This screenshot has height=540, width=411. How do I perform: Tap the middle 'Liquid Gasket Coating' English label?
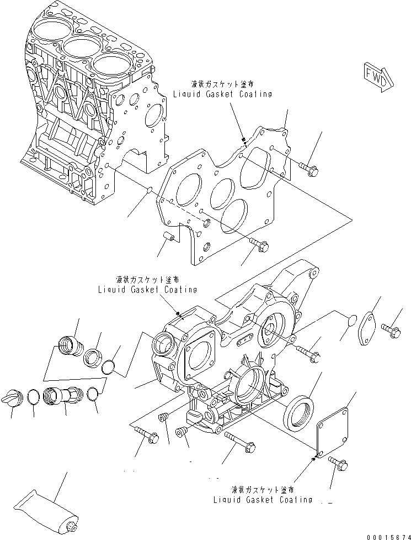(x=147, y=289)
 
